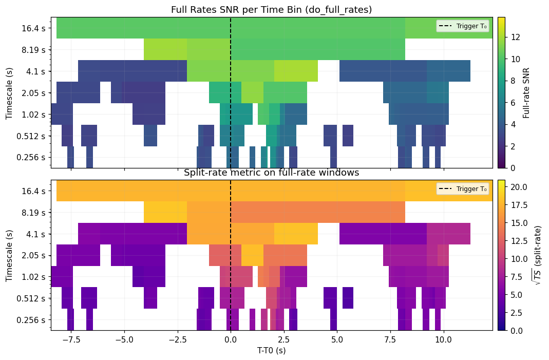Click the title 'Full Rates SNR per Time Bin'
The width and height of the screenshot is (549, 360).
pyautogui.click(x=271, y=10)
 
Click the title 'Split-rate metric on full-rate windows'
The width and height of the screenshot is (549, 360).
pyautogui.click(x=271, y=173)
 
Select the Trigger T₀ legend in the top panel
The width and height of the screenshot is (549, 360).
pyautogui.click(x=462, y=26)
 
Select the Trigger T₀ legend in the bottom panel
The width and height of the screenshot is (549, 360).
pyautogui.click(x=462, y=189)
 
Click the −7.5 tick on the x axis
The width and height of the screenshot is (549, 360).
pyautogui.click(x=71, y=339)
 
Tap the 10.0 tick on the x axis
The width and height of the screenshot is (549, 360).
pyautogui.click(x=443, y=339)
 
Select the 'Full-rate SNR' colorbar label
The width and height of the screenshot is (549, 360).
pyautogui.click(x=526, y=92)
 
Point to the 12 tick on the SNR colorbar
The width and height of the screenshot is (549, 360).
pyautogui.click(x=514, y=37)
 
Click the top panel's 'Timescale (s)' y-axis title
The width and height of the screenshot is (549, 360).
pyautogui.click(x=9, y=92)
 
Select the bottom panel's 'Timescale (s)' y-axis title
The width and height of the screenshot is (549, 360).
pyautogui.click(x=9, y=255)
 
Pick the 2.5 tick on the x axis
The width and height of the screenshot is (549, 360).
pyautogui.click(x=283, y=339)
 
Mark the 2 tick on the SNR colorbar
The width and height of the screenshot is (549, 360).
pyautogui.click(x=512, y=146)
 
